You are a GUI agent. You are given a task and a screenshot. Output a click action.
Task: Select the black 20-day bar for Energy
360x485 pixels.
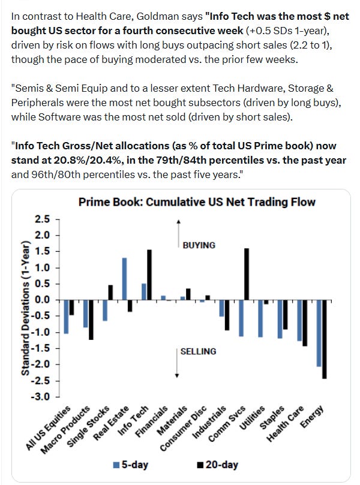[x=324, y=339]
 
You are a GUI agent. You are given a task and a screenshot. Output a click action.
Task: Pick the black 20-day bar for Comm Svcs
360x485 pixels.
[x=247, y=274]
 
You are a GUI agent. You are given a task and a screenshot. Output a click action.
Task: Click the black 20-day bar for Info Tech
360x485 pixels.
[x=149, y=275]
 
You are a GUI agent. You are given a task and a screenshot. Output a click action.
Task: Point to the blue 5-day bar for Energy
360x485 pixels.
[x=319, y=333]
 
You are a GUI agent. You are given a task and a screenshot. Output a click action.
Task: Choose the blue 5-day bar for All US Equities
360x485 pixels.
[x=66, y=317]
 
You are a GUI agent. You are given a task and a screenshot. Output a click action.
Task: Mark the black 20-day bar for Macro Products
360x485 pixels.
[x=91, y=320]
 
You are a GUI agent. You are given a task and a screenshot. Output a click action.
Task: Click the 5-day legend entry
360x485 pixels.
[x=131, y=465]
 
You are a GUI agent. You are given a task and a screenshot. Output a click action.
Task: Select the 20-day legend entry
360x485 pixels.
[x=218, y=465]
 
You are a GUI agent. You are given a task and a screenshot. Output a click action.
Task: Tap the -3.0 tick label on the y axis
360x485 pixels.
[x=40, y=396]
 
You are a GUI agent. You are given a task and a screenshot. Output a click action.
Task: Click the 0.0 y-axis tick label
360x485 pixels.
[x=43, y=300]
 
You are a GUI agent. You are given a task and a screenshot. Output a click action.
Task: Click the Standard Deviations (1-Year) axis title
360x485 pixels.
[x=26, y=308]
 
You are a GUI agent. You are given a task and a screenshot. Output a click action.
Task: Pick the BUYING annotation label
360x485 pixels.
[x=199, y=245]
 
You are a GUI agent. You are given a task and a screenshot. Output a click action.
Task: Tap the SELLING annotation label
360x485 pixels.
[x=199, y=351]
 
